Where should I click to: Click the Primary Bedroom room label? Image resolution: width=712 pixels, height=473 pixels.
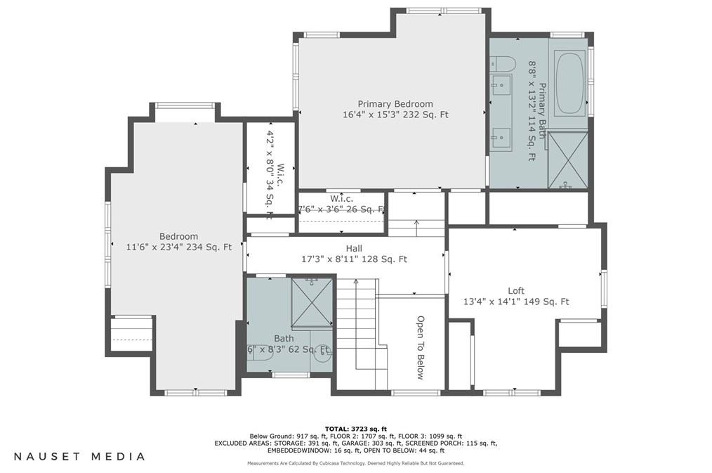(x=395, y=104)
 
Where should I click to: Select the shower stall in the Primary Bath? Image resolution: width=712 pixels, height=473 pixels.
(x=567, y=160)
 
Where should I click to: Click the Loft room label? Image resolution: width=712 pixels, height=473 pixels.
(x=516, y=291)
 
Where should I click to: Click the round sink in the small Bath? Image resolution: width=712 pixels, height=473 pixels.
(x=323, y=355)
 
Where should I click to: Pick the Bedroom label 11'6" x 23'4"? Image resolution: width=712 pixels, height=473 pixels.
(x=178, y=247)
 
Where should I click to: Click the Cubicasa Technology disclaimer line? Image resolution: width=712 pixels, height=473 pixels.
(x=355, y=463)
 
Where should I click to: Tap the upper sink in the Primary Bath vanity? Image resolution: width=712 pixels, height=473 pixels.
(x=501, y=87)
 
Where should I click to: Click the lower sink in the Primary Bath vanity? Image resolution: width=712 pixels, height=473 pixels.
(x=501, y=137)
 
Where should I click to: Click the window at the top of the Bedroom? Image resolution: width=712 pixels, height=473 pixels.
(x=185, y=105)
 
